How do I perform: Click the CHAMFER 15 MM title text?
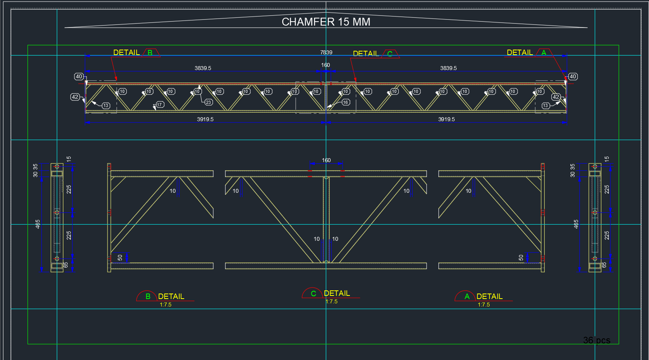[326, 22]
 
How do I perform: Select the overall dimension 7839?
[326, 52]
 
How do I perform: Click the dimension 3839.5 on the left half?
[203, 68]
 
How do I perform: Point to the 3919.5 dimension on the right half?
[446, 119]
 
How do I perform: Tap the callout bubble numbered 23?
[208, 102]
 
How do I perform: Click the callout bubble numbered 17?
[159, 105]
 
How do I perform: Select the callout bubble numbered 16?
[346, 102]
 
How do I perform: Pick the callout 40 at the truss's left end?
[79, 77]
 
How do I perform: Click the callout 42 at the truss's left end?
[75, 97]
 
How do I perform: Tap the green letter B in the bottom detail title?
[148, 296]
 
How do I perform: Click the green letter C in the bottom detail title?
[313, 294]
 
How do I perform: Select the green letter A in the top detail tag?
[544, 53]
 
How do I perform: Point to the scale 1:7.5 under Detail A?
[484, 305]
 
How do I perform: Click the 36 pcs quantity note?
[597, 340]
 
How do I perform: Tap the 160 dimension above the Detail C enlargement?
[326, 160]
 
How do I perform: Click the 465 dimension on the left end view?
[38, 224]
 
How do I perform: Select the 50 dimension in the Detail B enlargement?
[120, 258]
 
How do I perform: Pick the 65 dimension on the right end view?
[604, 265]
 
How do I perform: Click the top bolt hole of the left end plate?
[57, 166]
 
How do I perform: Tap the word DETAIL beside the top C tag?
[366, 54]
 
